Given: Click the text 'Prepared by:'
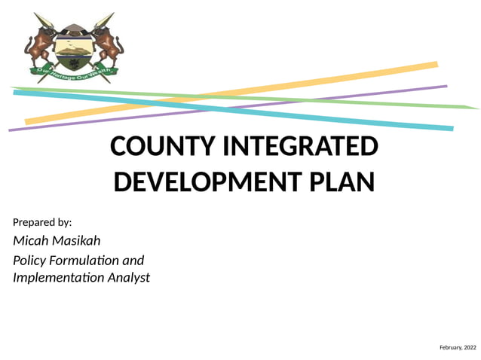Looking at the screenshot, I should pyautogui.click(x=42, y=222).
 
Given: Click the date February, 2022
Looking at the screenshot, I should pyautogui.click(x=458, y=347).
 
